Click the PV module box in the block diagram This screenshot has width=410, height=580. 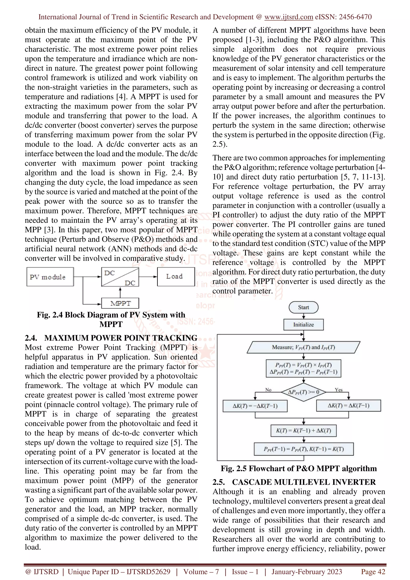50,277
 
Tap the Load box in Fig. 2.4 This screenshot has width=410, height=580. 176,277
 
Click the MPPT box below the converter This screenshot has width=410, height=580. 120,303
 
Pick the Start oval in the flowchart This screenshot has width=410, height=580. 303,307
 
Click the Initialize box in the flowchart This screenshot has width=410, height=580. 303,325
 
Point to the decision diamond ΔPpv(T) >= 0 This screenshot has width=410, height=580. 303,392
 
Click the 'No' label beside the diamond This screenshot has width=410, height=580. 268,390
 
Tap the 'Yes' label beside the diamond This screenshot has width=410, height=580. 339,390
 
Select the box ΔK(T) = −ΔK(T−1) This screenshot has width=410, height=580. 255,406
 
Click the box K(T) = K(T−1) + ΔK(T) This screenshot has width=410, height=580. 303,431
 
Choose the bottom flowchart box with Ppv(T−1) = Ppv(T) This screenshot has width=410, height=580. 303,449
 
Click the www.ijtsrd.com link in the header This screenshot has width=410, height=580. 289,17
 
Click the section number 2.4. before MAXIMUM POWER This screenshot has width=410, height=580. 31,338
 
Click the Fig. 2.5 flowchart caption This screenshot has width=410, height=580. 299,469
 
